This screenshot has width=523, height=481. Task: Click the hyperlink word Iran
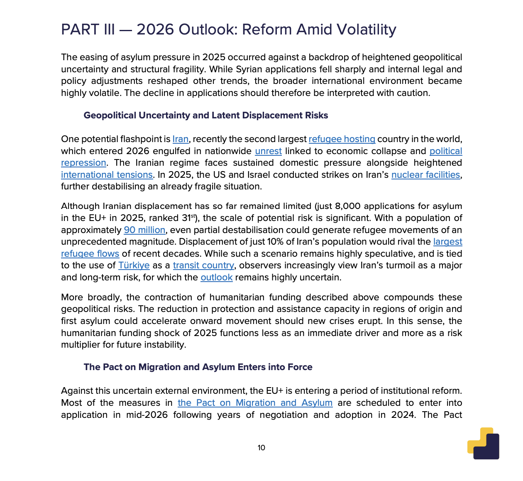coord(180,139)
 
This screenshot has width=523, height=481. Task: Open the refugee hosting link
coord(342,139)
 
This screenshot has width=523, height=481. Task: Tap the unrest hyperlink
coord(268,151)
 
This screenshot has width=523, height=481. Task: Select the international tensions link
coord(107,175)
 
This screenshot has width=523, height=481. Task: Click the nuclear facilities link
coord(425,175)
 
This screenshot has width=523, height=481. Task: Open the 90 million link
coord(144,230)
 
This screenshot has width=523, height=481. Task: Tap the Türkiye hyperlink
coord(134,265)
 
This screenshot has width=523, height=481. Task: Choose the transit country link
coord(203,265)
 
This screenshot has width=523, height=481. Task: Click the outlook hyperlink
coord(216,277)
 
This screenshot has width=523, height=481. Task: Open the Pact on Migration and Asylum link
coord(255,403)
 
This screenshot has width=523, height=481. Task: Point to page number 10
coord(261,448)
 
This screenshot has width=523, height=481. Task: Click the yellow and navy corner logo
coord(484,444)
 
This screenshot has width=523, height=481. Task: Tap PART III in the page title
coord(88,30)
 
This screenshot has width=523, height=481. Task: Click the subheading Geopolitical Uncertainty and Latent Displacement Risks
coord(205,115)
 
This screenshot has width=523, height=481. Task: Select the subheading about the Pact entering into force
coord(198,367)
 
